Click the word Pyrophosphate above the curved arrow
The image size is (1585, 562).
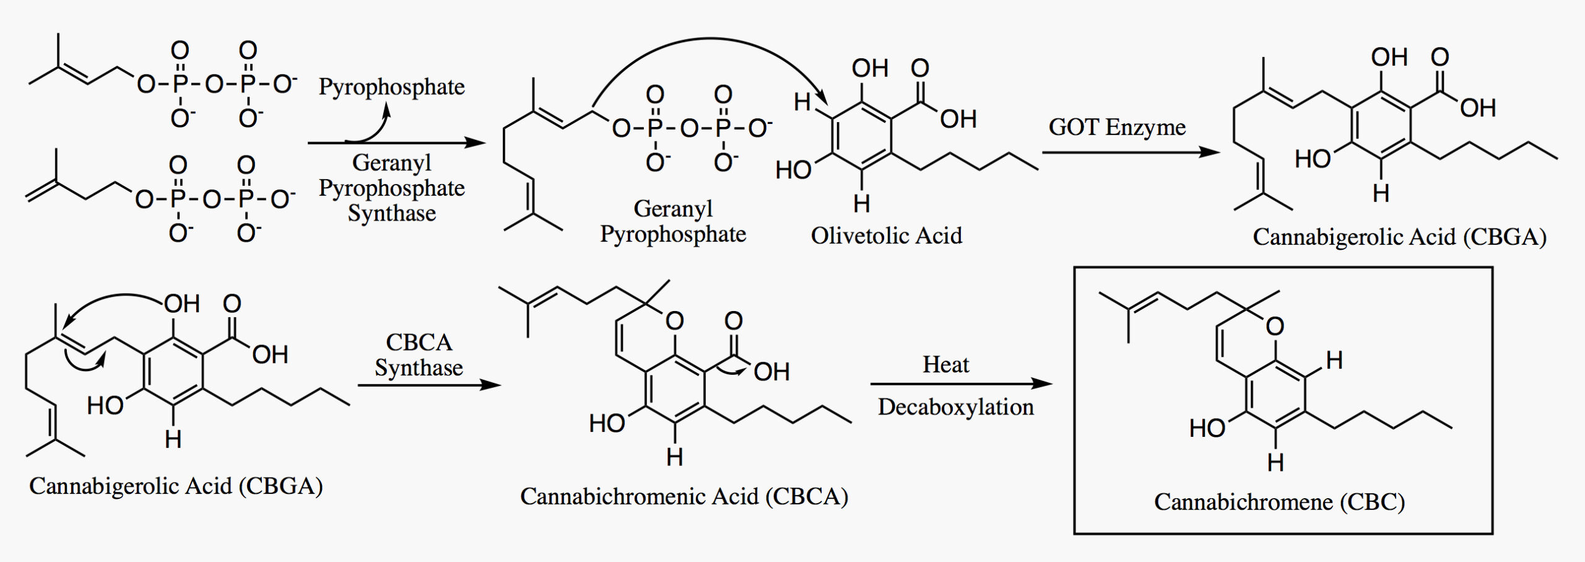click(x=391, y=87)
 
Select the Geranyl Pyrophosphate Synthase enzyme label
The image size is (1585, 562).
click(x=391, y=188)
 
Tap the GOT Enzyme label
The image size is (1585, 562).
click(x=1117, y=127)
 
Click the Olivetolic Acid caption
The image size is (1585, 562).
click(x=887, y=235)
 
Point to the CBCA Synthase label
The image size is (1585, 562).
click(x=419, y=355)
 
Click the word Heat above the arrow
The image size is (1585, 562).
click(x=945, y=364)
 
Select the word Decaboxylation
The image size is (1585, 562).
click(x=956, y=407)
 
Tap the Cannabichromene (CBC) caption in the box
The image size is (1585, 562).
click(x=1280, y=502)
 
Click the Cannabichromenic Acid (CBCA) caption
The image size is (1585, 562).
click(x=684, y=496)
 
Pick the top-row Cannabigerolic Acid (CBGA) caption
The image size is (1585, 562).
click(x=1399, y=237)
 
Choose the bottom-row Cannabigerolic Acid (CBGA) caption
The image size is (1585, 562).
click(x=176, y=486)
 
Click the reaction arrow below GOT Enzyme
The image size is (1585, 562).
click(x=1130, y=152)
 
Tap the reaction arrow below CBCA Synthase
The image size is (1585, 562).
click(x=429, y=385)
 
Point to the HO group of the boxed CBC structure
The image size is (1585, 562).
click(x=1207, y=428)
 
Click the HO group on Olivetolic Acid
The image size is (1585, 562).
click(x=793, y=170)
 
